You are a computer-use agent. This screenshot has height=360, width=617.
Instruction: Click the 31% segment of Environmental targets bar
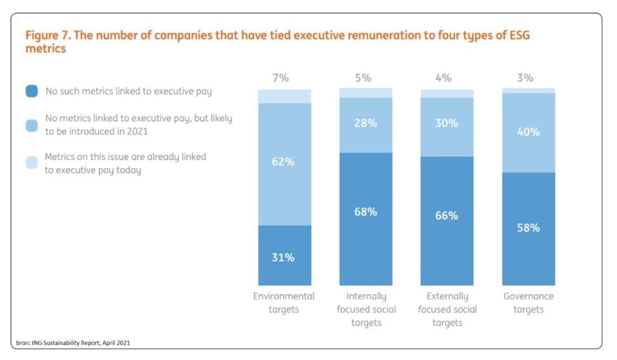coord(284,255)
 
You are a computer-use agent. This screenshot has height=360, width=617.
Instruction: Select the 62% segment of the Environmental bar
coord(284,164)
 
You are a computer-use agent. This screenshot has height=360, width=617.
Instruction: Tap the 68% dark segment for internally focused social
coord(366,219)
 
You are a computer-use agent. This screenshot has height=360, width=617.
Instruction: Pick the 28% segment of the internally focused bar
coord(366,125)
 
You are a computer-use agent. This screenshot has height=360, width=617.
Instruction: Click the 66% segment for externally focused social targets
coord(447,221)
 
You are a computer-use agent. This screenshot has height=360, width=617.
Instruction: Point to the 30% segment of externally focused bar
coord(447,127)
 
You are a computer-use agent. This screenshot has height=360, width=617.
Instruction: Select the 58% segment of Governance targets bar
coord(529,229)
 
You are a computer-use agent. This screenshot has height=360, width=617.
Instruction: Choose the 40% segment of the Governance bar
coord(529,133)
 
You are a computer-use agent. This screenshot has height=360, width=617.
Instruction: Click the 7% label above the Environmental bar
coord(281,78)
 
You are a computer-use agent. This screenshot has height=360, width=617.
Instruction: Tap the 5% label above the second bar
coord(363,78)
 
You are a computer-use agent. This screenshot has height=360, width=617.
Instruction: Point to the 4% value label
coord(444,78)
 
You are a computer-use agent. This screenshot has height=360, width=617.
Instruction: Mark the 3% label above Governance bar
coord(526,78)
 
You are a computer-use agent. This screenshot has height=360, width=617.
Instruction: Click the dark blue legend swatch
coord(32,91)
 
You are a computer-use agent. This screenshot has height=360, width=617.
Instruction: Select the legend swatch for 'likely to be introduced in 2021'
coord(32,126)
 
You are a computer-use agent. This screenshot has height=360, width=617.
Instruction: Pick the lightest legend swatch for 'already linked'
coord(32,162)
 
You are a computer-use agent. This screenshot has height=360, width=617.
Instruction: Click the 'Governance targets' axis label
coord(529,303)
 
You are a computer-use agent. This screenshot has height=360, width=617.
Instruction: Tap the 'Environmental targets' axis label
coord(284,303)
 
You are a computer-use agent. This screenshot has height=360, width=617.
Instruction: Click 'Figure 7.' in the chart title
coord(48,35)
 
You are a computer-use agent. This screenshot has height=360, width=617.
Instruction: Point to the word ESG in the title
coord(519,35)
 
